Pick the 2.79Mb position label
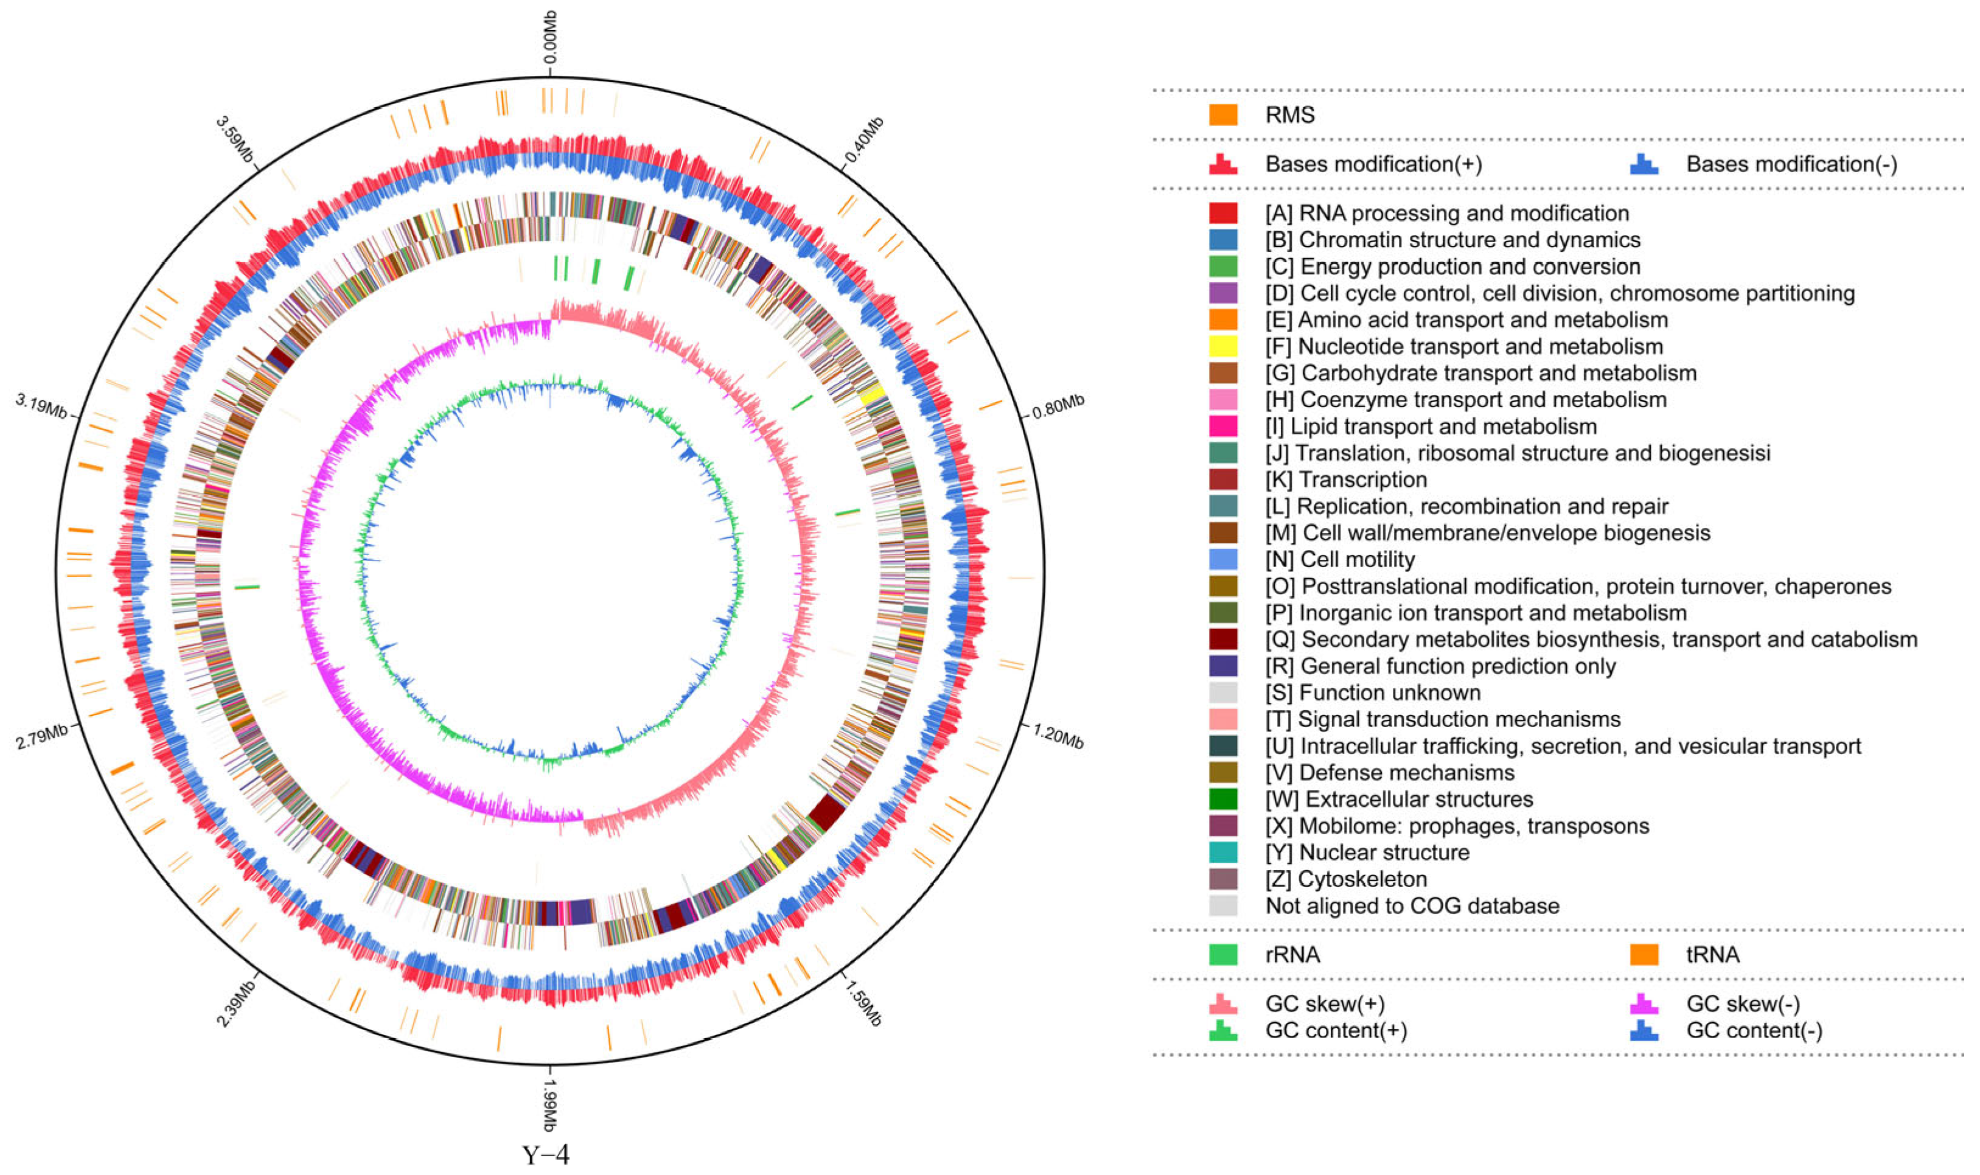[x=42, y=738]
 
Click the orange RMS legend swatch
[x=1222, y=115]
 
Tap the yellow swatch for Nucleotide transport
[x=1222, y=346]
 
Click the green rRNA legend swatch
[x=1222, y=954]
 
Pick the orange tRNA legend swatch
[x=1644, y=954]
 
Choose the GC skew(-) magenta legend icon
[x=1644, y=1003]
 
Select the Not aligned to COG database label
[x=1412, y=906]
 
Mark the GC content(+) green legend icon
[x=1222, y=1030]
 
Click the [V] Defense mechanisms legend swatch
[x=1222, y=772]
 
